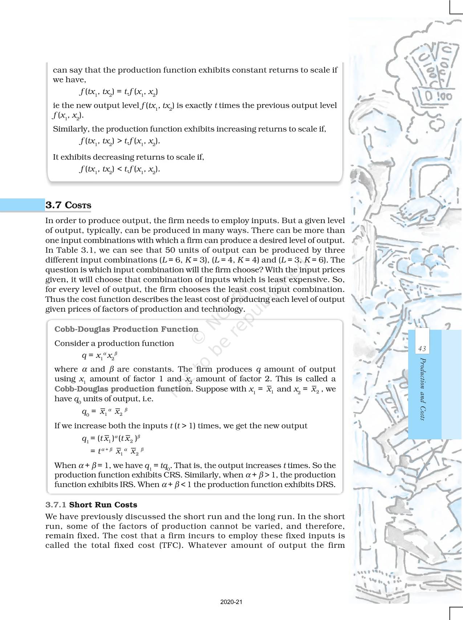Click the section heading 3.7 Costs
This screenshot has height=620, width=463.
[x=68, y=205]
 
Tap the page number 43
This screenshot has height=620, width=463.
[x=422, y=349]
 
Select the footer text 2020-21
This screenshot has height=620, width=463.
[x=231, y=602]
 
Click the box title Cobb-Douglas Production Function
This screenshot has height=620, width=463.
[x=126, y=329]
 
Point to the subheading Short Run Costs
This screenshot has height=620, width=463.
[x=103, y=505]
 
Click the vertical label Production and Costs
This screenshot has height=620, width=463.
[x=422, y=389]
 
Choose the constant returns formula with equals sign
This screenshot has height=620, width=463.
[x=118, y=92]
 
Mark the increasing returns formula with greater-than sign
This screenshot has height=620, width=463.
[x=119, y=141]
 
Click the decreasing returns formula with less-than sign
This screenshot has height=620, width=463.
[x=119, y=169]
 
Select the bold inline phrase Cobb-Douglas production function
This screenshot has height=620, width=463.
[x=123, y=389]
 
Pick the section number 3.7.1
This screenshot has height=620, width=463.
[x=56, y=505]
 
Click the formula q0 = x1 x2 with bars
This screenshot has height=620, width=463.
[x=105, y=412]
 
